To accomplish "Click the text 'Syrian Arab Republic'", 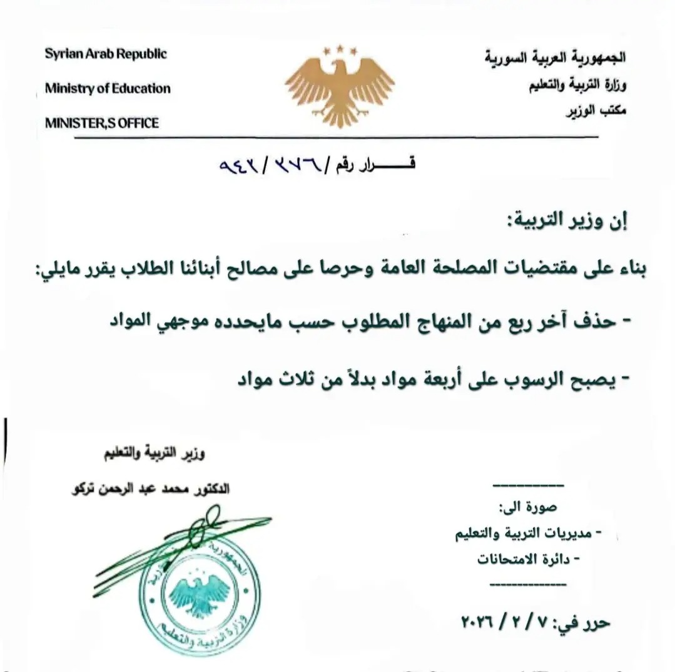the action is click(x=106, y=54).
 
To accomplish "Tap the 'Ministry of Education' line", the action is click(x=108, y=89).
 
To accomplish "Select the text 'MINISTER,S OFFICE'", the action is click(x=102, y=123).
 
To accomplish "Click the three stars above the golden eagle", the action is click(x=339, y=49).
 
